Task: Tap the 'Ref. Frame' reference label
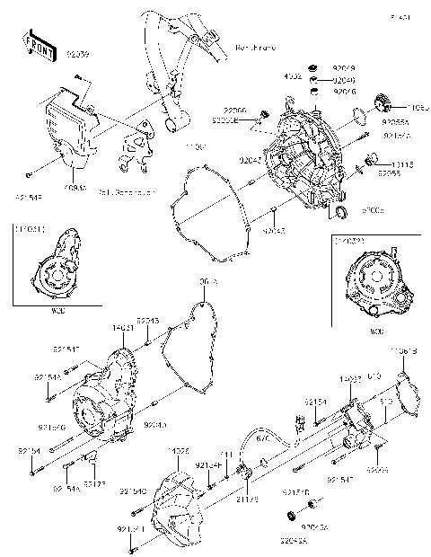[x=254, y=46]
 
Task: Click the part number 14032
[x=177, y=450]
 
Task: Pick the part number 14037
[x=350, y=380]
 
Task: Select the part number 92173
[x=95, y=483]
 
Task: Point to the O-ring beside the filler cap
[x=359, y=117]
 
